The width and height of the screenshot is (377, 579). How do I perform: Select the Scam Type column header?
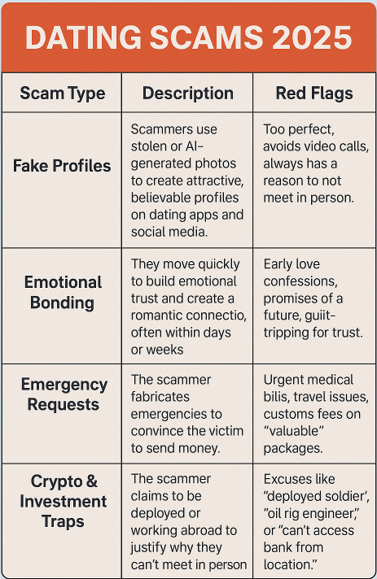[63, 94]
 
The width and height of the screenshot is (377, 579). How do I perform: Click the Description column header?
[188, 93]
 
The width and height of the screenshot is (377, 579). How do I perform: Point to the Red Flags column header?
[314, 94]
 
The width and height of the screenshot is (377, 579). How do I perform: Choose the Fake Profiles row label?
[62, 166]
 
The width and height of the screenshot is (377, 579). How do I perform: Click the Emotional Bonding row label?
[63, 293]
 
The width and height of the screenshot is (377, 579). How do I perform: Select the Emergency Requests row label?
[64, 394]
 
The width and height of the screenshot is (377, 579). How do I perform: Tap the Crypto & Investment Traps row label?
[64, 501]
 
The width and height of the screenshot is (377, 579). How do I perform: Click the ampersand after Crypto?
[91, 481]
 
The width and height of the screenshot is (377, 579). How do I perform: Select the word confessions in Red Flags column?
[300, 281]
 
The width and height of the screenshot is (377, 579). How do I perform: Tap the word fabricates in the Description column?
[160, 397]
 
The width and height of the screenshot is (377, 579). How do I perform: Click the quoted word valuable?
[294, 431]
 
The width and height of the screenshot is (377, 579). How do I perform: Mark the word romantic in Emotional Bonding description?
[156, 316]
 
